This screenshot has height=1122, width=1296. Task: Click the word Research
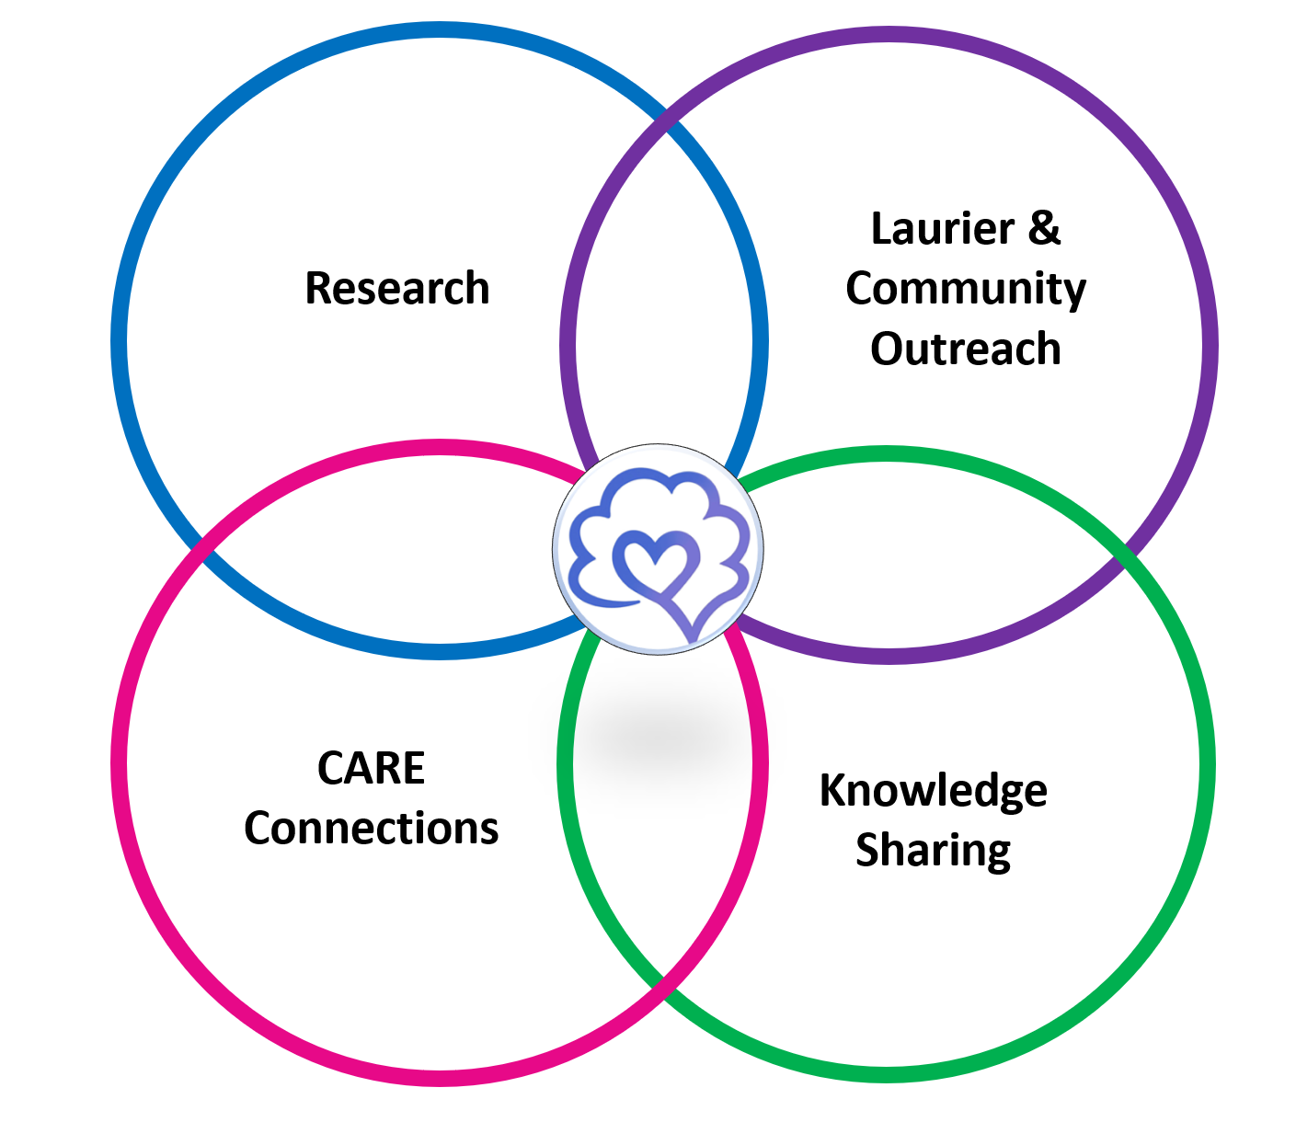tap(396, 288)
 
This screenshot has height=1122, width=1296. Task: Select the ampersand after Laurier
tap(1044, 229)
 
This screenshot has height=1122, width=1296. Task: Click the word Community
tap(966, 289)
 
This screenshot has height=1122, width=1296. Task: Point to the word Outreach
tap(966, 349)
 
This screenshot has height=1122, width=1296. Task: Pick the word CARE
tap(371, 769)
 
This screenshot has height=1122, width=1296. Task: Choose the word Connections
tap(371, 829)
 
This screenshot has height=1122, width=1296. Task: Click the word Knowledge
tap(933, 791)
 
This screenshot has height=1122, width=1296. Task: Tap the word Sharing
tap(933, 851)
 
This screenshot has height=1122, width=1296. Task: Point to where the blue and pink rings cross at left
tap(202, 552)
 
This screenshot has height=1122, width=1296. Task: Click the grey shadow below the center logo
tap(659, 736)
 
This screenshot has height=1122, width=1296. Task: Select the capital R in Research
tap(317, 288)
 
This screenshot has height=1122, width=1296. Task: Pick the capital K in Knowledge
tap(832, 791)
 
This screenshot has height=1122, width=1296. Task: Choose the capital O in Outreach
tap(887, 349)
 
